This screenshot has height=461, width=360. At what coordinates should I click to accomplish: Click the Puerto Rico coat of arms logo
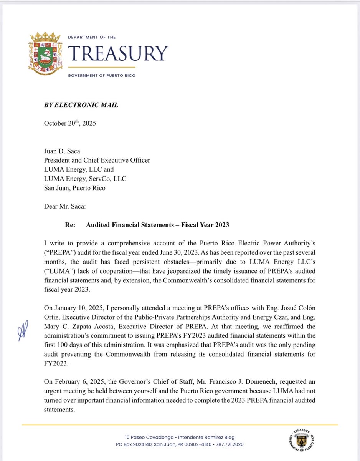pos(45,55)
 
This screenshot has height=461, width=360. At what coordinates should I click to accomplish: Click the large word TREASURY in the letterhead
pos(118,54)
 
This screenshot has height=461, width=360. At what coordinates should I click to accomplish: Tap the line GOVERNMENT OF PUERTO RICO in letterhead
pos(101,76)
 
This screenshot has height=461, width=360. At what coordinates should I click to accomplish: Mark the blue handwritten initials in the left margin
pos(21,333)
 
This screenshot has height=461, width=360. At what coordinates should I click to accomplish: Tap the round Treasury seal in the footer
pos(304,440)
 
